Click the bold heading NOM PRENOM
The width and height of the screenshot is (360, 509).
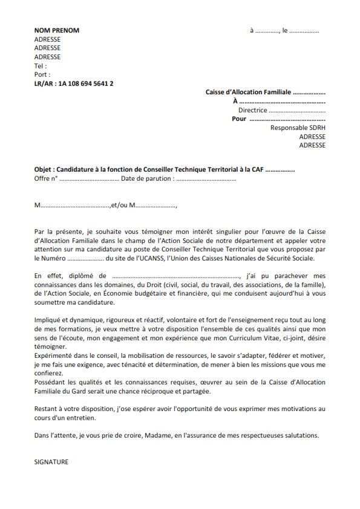tap(57, 30)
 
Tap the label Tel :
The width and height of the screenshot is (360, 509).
tap(41, 66)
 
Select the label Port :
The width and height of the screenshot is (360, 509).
tap(42, 75)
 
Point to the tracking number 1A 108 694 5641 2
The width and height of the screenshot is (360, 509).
tap(86, 83)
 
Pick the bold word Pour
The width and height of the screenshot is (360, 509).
tap(239, 119)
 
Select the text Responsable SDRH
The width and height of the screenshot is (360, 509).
tap(298, 128)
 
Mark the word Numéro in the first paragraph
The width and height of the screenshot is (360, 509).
tap(53, 259)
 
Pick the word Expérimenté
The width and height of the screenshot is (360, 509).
tap(55, 355)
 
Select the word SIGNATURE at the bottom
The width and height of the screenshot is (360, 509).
tap(51, 462)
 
